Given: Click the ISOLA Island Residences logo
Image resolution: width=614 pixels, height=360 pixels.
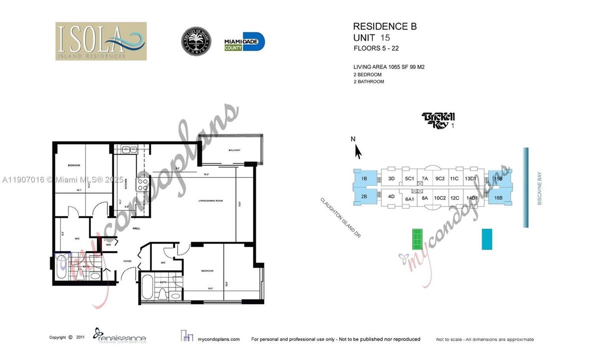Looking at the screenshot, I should click(x=101, y=41).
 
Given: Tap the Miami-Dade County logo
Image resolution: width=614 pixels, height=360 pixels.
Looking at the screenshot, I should click(x=244, y=41).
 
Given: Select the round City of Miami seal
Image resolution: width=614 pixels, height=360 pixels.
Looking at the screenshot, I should click(x=196, y=41).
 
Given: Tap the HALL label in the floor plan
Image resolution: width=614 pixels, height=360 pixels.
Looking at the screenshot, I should click(x=135, y=228).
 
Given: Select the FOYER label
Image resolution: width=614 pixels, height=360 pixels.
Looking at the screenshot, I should click(x=127, y=261).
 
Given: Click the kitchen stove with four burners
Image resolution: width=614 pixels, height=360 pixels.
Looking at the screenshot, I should click(x=142, y=184).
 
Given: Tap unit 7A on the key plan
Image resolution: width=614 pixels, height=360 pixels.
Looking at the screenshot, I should click(x=424, y=178).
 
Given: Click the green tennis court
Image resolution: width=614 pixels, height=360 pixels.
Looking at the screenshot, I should click(x=417, y=239).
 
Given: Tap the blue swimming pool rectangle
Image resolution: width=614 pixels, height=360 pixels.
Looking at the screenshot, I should click(x=486, y=239).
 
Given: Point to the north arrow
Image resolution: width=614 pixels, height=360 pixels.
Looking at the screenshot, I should click(x=358, y=150).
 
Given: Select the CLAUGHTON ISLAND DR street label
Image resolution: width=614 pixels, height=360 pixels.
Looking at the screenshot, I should click(x=341, y=217).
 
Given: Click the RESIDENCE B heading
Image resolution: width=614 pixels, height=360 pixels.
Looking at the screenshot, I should click(x=384, y=27).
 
